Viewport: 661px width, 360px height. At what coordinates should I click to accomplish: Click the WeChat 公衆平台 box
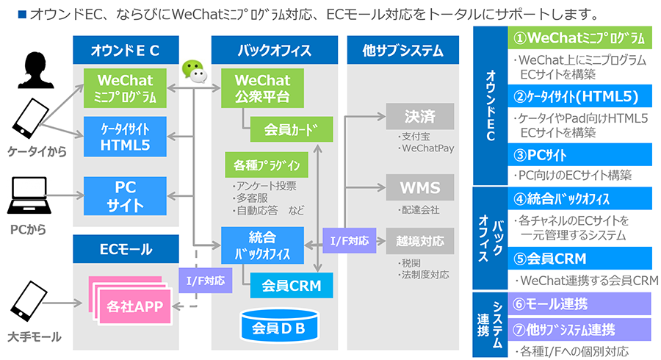(x=262, y=87)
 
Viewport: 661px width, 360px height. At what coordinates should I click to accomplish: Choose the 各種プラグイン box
(x=266, y=164)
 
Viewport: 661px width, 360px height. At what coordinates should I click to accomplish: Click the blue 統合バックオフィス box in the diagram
(x=262, y=245)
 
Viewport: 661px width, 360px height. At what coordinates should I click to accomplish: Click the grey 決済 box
(x=420, y=117)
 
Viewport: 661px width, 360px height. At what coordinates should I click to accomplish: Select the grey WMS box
(x=420, y=187)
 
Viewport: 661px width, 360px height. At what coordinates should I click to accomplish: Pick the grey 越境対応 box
(x=420, y=240)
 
